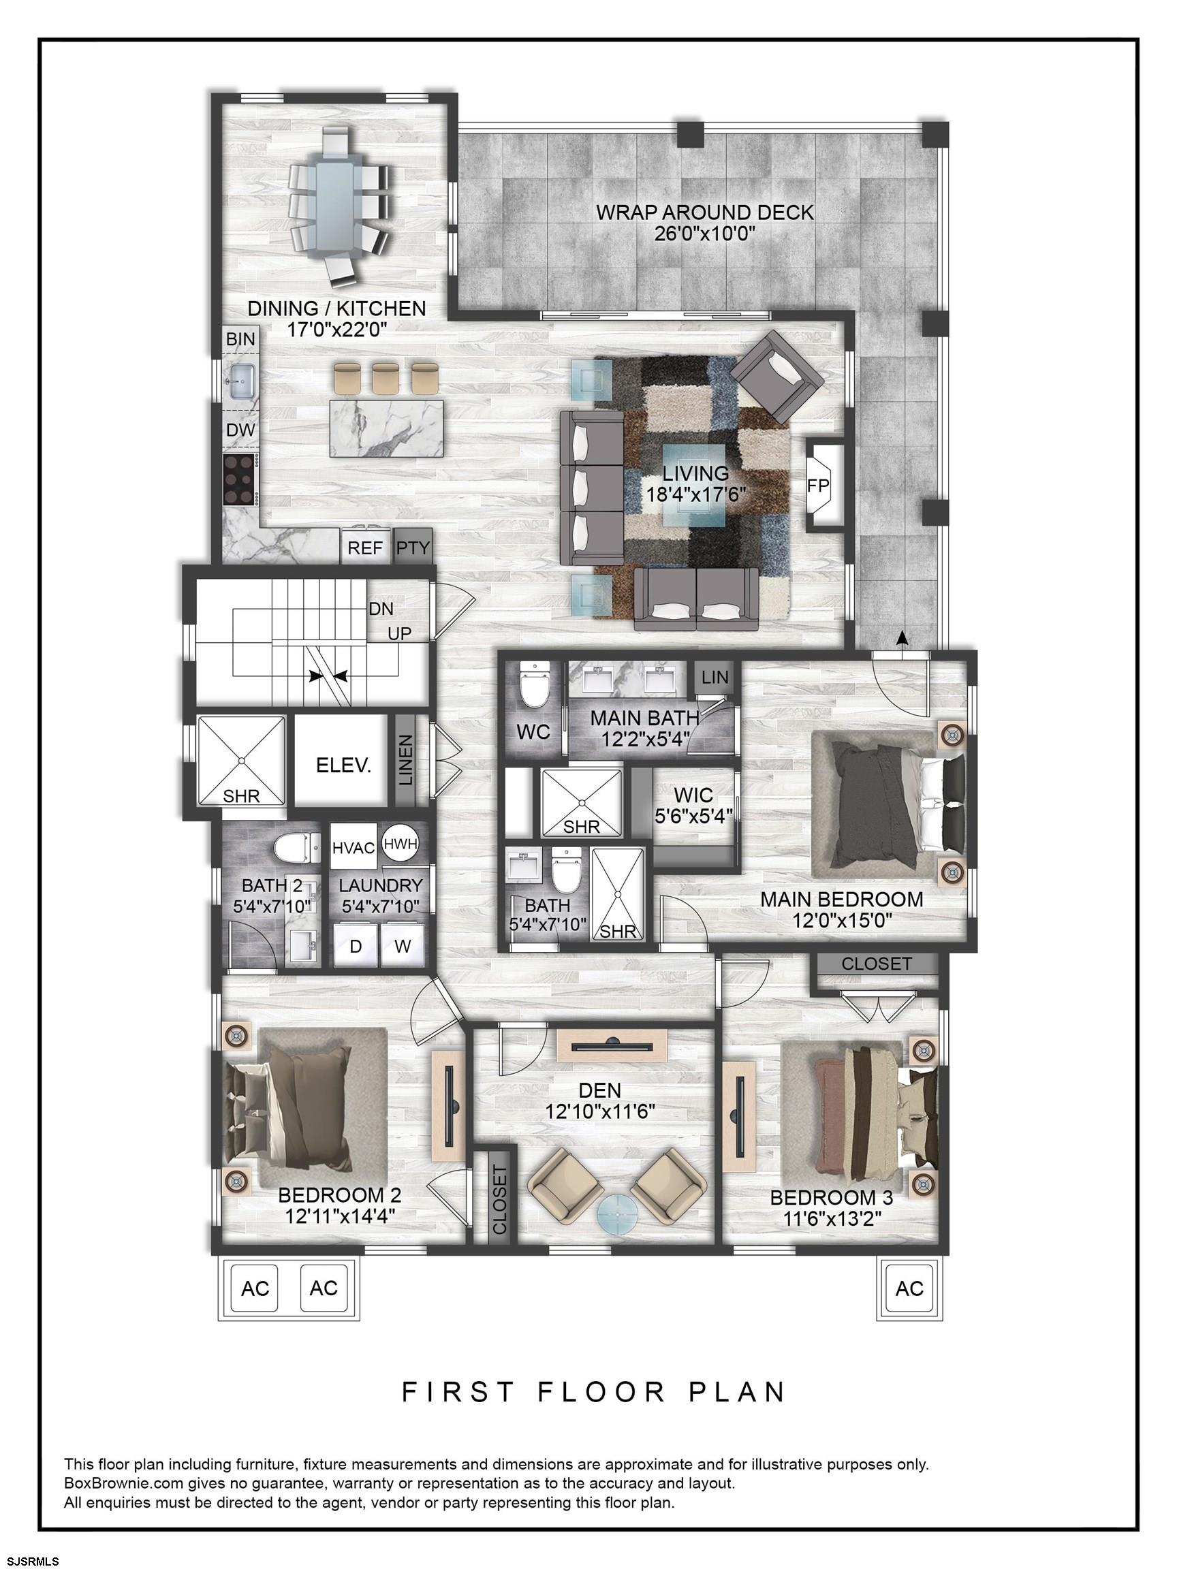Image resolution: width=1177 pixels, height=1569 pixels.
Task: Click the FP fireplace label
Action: [x=818, y=485]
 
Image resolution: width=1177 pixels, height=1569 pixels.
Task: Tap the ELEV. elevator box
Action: [x=343, y=766]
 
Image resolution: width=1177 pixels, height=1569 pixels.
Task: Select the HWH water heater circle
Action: [x=401, y=843]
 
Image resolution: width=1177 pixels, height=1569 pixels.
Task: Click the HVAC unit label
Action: [x=354, y=849]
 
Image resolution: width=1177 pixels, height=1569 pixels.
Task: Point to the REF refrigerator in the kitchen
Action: [x=364, y=547]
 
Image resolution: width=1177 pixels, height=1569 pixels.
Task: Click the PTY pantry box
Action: [x=413, y=547]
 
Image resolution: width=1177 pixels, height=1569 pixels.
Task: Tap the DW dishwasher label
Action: [x=240, y=430]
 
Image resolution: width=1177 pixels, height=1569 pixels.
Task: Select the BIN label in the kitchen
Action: [x=240, y=339]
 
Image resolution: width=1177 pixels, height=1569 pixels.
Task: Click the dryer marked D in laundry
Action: [x=356, y=946]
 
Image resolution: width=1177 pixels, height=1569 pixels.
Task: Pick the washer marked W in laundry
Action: [x=403, y=946]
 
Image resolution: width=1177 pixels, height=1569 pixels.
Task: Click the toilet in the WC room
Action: [x=533, y=686]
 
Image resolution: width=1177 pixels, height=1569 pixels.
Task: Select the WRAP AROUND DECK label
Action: [x=704, y=212]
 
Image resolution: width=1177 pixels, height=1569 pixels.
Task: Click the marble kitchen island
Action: [x=387, y=428]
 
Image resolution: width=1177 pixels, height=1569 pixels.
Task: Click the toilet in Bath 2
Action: [x=294, y=849]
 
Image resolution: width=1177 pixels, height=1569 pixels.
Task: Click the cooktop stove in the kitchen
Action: [x=240, y=480]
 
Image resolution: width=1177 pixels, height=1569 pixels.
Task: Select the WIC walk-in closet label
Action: [x=693, y=796]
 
